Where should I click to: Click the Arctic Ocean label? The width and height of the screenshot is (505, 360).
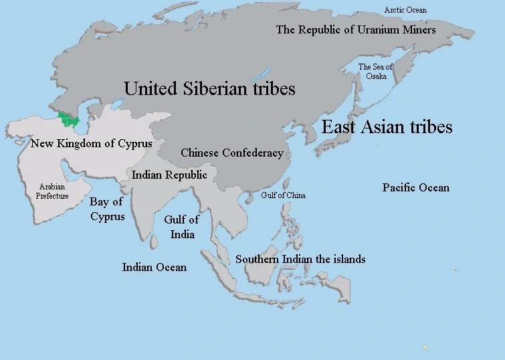405,10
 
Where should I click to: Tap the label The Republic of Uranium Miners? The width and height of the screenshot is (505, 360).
356,29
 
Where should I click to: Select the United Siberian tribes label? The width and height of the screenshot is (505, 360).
209,88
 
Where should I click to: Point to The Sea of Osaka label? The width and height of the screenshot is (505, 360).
375,72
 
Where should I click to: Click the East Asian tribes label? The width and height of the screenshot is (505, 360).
387,127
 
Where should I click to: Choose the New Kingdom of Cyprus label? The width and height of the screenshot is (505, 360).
92,144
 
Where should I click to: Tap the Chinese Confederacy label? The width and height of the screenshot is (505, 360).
232,153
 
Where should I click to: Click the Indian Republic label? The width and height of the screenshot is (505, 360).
169,175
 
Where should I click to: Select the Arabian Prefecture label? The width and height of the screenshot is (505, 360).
52,191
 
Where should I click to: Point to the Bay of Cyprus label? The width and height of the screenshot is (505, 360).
107,209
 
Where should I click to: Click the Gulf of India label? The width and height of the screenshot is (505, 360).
182,227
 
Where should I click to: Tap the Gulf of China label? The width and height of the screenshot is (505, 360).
283,195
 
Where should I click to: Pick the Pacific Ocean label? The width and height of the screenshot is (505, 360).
416,187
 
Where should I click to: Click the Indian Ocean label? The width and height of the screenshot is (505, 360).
154,268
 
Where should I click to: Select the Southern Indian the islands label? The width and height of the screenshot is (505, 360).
300,259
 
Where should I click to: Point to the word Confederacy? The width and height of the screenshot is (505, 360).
254,153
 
